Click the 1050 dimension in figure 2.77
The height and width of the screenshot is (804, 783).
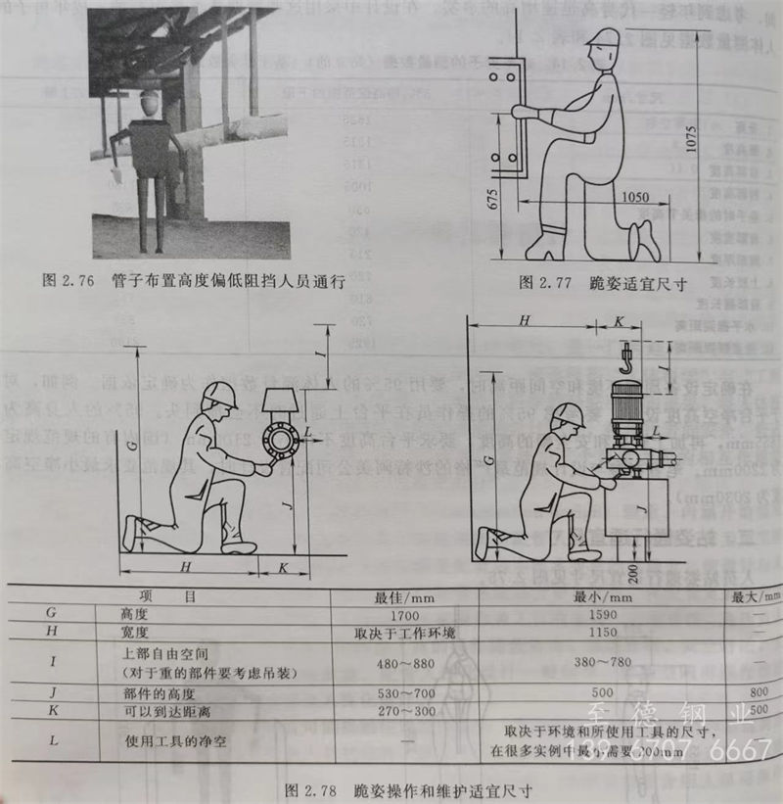pos(634,197)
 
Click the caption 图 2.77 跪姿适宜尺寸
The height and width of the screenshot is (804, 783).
pos(600,283)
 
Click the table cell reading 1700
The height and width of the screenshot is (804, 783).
pos(391,613)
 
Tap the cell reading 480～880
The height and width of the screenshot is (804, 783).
pos(391,663)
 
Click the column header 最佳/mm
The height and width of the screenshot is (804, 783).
pos(391,594)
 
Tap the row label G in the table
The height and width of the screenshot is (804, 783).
pos(51,613)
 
